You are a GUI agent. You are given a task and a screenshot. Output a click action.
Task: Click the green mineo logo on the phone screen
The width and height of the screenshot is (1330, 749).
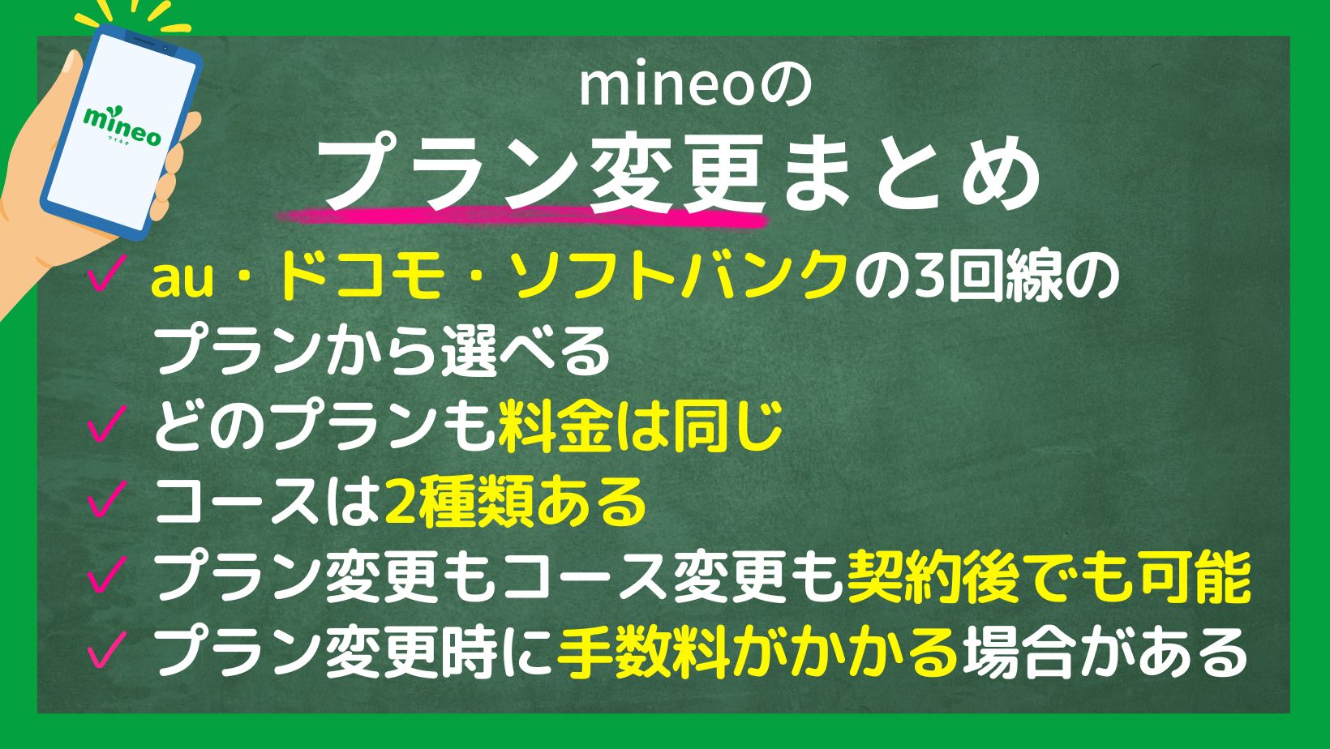click(122, 126)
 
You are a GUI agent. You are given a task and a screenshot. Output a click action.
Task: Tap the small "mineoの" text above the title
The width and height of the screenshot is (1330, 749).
click(695, 88)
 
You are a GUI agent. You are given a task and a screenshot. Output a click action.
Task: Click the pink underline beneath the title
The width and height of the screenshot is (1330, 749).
click(523, 216)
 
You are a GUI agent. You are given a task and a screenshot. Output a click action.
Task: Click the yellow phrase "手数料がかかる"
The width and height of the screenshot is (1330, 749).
click(757, 652)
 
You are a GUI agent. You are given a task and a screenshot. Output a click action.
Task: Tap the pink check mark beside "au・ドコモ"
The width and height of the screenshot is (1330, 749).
click(107, 273)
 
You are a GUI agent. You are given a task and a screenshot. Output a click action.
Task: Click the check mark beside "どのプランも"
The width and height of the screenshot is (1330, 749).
click(107, 424)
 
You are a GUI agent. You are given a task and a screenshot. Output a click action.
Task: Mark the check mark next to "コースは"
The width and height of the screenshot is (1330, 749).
click(107, 499)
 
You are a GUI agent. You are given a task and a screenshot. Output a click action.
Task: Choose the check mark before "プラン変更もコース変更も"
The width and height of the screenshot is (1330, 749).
click(107, 574)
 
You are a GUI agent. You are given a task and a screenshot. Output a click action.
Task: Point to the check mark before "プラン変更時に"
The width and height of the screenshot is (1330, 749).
click(107, 649)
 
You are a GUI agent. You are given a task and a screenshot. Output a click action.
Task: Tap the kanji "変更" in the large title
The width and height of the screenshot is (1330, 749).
click(677, 171)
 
